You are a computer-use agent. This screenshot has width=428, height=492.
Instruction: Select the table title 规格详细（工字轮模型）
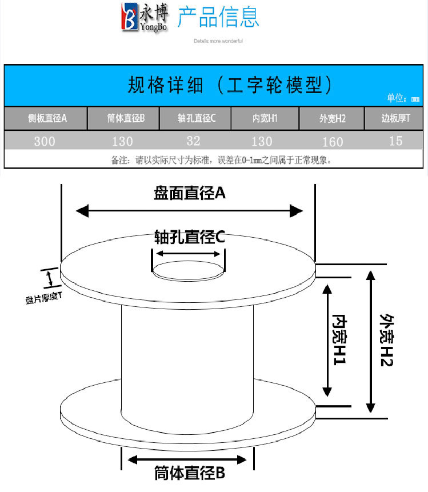coord(230,86)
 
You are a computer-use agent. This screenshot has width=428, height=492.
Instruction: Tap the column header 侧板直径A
coord(47,118)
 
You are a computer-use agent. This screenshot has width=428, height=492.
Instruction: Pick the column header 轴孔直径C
coord(196,119)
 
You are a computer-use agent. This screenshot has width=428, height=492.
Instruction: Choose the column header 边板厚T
coord(396,118)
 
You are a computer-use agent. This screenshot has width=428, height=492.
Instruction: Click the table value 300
coord(45,141)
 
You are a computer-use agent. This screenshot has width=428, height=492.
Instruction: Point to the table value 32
coord(195,140)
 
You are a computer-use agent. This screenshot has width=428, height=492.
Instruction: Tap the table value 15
coord(395,140)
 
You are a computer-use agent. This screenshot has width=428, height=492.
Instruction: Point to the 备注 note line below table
coord(221,160)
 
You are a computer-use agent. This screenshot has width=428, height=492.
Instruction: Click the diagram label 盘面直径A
coord(190,194)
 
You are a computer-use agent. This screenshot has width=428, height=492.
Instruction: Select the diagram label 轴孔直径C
coord(190,237)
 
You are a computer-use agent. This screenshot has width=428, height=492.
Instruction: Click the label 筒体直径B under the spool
coord(190,473)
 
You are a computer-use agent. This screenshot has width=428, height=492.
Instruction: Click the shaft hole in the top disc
coord(189,270)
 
